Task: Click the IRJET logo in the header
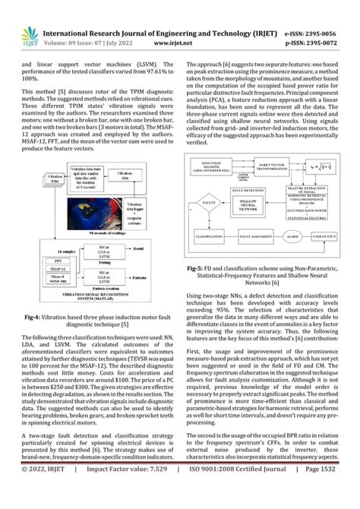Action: tap(29, 36)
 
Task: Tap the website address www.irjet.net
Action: tap(180, 44)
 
